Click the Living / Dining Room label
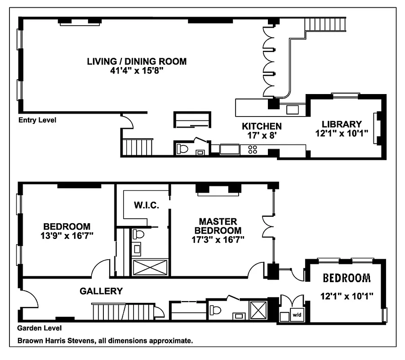[x=137, y=62]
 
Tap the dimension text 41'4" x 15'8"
[x=137, y=71]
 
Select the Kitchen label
[x=262, y=126]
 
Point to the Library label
[x=342, y=124]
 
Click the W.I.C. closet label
[x=144, y=205]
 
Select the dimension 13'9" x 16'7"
[x=67, y=235]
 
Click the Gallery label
[x=101, y=291]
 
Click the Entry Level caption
[x=37, y=121]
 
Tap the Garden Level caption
[x=40, y=328]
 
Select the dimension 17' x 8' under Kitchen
[x=262, y=135]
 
